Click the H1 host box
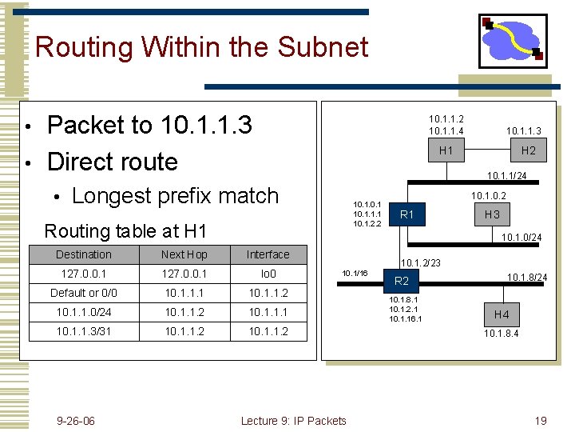(446, 150)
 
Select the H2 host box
(528, 150)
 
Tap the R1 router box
(406, 214)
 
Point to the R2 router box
(401, 281)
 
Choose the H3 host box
(492, 214)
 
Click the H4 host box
(501, 314)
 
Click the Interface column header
(268, 254)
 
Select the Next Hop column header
(184, 254)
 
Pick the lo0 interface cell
(268, 274)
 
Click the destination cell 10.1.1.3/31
(83, 331)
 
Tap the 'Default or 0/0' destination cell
(83, 293)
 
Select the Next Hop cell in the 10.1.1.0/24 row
(184, 312)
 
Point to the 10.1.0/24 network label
(521, 237)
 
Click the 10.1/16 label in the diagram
(354, 274)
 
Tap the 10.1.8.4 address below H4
(501, 334)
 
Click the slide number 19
(540, 421)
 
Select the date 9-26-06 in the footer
(76, 421)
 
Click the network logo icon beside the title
(512, 40)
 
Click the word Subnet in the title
(323, 46)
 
